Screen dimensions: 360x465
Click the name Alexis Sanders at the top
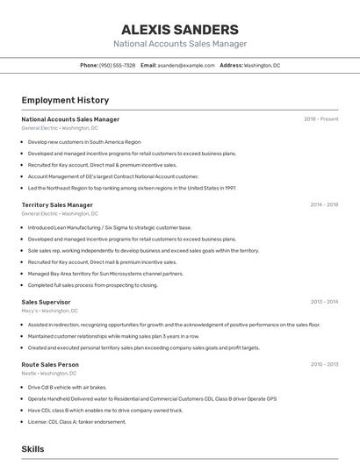pos(179,29)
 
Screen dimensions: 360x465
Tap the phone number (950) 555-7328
pos(117,66)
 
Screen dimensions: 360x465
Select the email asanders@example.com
pos(186,66)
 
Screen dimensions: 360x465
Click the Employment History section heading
pos(65,101)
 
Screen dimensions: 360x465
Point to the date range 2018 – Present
pos(320,119)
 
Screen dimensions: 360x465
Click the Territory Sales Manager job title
pos(57,205)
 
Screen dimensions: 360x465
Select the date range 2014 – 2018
pos(323,205)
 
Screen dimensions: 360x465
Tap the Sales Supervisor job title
pos(46,302)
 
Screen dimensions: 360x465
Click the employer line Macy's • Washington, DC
pos(49,311)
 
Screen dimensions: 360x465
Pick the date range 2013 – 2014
pos(323,302)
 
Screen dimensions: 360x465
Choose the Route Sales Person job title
pos(50,364)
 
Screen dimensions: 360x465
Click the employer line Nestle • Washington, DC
pos(50,373)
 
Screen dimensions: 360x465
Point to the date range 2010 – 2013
pos(323,364)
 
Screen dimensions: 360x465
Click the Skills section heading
pos(33,449)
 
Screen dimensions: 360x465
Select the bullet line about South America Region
pos(84,141)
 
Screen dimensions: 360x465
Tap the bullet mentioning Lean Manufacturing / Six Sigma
pos(109,227)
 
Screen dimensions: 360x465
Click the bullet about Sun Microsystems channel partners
pos(105,273)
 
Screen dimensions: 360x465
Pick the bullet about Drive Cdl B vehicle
pos(67,387)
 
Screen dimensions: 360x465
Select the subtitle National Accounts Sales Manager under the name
pos(179,44)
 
